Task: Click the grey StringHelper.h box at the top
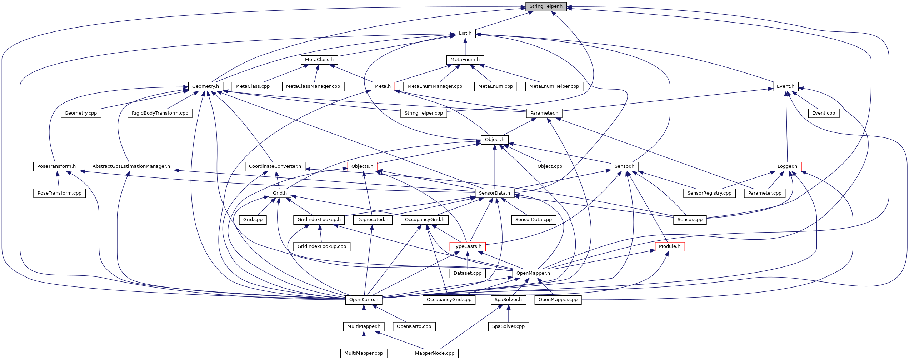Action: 546,6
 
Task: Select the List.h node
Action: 465,33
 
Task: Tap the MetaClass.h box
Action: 319,60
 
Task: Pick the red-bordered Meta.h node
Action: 383,86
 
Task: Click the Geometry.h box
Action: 205,86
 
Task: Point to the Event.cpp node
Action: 824,113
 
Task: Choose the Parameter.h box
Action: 544,113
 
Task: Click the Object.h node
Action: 495,140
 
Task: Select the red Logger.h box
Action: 787,166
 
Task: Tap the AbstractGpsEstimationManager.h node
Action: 131,166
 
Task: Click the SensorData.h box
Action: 494,193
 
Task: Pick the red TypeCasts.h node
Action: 467,246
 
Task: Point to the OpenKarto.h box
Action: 364,300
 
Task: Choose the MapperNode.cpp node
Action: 434,353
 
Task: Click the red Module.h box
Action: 670,246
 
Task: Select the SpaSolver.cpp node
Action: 508,326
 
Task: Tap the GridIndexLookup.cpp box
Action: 321,246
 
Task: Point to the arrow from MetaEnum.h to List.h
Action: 465,46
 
